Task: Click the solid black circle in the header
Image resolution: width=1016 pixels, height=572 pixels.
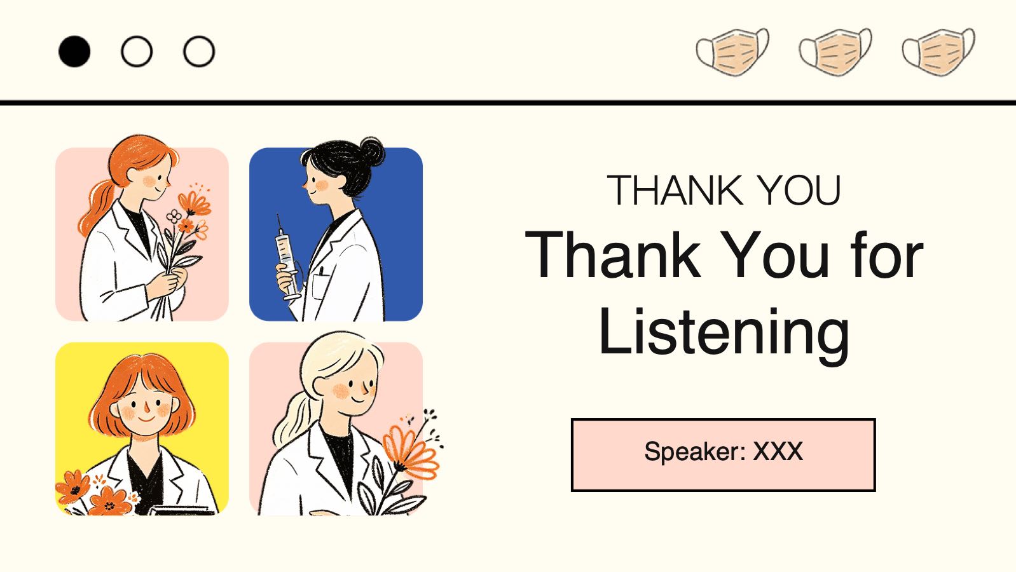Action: pyautogui.click(x=74, y=51)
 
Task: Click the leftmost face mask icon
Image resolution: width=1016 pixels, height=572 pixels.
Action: pyautogui.click(x=733, y=51)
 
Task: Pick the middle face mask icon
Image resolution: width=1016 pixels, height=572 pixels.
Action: pyautogui.click(x=835, y=51)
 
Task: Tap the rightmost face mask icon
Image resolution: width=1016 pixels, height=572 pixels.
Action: pyautogui.click(x=938, y=51)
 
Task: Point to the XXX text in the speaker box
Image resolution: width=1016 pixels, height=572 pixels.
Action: pyautogui.click(x=778, y=451)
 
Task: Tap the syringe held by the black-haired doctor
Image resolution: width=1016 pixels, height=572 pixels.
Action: pyautogui.click(x=287, y=258)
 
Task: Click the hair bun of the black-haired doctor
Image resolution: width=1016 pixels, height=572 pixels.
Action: pyautogui.click(x=371, y=151)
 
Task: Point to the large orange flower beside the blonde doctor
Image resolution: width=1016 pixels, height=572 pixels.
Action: pyautogui.click(x=411, y=449)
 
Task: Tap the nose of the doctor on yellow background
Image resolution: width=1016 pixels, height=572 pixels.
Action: pyautogui.click(x=147, y=409)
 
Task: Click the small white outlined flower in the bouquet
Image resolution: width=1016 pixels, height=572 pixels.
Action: pyautogui.click(x=174, y=216)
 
